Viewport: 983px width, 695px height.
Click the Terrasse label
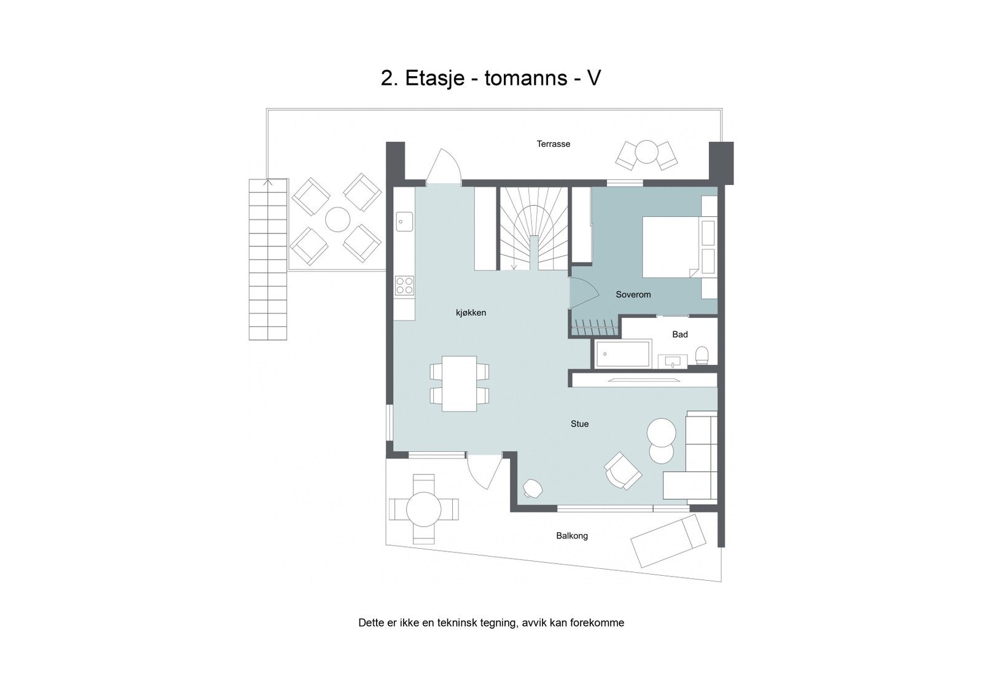tap(553, 144)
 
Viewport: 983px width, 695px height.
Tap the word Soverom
tap(633, 295)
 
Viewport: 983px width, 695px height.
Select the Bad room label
tap(679, 335)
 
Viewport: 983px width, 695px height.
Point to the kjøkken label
tap(471, 313)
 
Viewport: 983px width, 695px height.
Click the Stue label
tap(579, 424)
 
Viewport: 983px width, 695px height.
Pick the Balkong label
tap(572, 536)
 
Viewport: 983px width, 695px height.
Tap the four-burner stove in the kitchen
tap(404, 285)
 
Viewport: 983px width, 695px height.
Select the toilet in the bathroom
tap(702, 355)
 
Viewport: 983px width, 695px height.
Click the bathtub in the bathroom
tap(623, 355)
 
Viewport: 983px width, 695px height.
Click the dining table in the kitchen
tap(460, 383)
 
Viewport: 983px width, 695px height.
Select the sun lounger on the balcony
tap(668, 541)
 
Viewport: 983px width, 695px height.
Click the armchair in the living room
tap(622, 471)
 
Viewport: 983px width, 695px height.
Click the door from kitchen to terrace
tap(443, 167)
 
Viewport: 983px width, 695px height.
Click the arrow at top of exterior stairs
tap(267, 182)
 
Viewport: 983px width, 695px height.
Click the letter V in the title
tap(593, 79)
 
